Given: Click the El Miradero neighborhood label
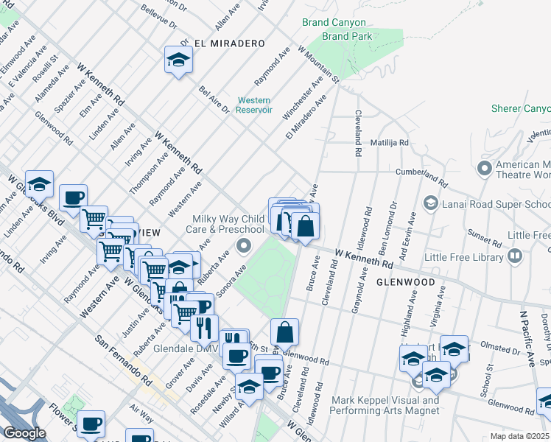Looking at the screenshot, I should point(229,43).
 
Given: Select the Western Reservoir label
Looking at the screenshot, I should point(253,105).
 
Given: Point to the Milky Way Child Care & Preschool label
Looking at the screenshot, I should point(228,224).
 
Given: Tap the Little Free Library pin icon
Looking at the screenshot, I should point(515,256).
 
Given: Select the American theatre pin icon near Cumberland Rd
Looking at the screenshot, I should point(485,168).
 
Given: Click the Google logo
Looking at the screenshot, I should point(25,433).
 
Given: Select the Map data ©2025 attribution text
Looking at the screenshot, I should point(519,436).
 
